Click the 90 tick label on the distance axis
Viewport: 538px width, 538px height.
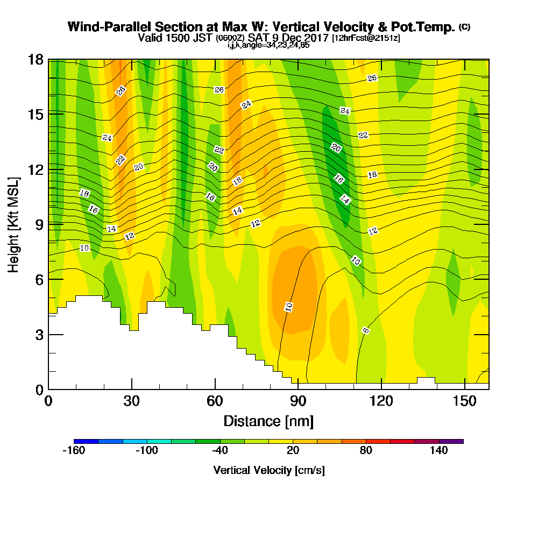tap(298, 401)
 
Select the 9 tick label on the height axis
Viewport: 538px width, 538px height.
tap(39, 224)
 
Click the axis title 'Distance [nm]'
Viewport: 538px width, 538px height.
tap(268, 421)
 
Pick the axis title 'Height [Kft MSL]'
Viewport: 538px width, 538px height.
tap(13, 224)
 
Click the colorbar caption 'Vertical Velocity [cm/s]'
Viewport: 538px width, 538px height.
tap(268, 470)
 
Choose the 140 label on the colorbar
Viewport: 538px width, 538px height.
tap(439, 451)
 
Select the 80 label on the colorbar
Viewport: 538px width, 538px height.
tap(366, 451)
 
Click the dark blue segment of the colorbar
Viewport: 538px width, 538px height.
tap(86, 441)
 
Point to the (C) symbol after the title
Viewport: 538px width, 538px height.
tap(464, 27)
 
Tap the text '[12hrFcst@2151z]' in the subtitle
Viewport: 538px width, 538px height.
tap(366, 38)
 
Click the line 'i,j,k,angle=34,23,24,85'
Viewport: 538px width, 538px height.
tap(268, 45)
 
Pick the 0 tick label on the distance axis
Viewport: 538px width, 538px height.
tap(48, 401)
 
